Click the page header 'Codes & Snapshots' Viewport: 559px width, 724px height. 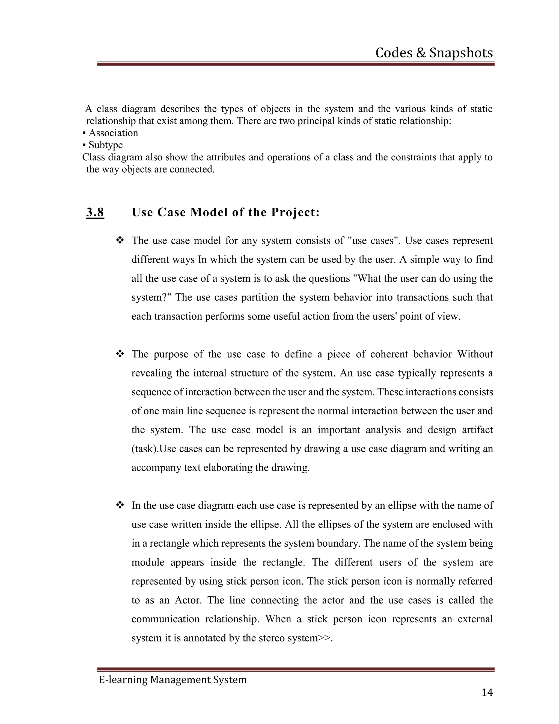tap(434, 53)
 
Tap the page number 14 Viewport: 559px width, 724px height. tap(487, 693)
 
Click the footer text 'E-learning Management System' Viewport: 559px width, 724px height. tap(173, 679)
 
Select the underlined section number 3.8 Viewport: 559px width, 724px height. tap(95, 212)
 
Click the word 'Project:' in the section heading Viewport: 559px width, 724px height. tap(295, 212)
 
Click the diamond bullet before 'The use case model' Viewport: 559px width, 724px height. tap(120, 240)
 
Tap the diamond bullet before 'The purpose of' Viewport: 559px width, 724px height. tap(120, 354)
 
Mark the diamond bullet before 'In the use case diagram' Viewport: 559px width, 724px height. tap(120, 505)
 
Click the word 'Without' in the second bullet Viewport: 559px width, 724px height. tap(475, 354)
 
